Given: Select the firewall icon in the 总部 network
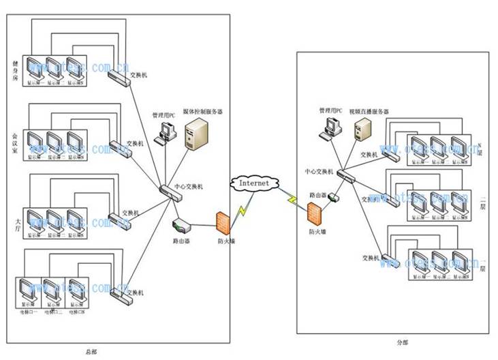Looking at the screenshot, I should point(223,224).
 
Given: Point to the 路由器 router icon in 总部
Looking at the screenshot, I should point(180,224).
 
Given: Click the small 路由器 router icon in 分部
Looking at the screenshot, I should point(334,198).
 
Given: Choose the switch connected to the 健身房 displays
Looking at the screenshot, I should point(120,78).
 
